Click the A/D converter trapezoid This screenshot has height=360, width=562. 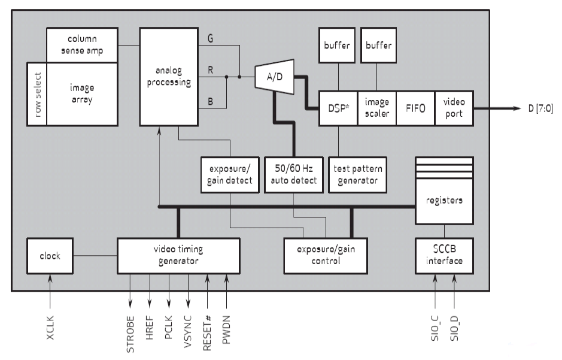point(274,77)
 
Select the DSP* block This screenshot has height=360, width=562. point(338,108)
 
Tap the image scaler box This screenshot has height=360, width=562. point(377,108)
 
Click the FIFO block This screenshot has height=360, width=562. point(415,108)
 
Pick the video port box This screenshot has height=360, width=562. point(454,108)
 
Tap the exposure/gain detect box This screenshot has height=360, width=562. point(227,175)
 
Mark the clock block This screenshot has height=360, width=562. point(50,256)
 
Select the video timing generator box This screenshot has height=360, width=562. point(178,256)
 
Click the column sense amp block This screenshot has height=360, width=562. point(82,45)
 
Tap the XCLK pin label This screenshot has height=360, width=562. point(50,327)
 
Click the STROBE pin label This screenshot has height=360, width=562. point(130,333)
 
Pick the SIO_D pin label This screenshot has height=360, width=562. point(454,326)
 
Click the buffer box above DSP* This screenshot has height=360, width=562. point(338,46)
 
